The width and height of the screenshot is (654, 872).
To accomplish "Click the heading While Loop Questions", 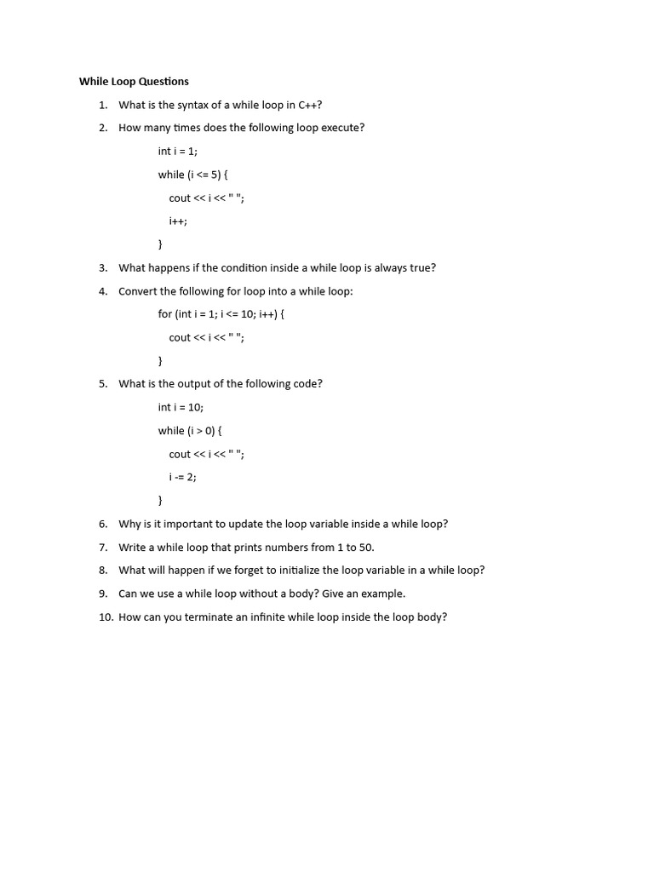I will point(134,82).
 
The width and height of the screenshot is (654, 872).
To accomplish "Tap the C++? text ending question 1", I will point(310,105).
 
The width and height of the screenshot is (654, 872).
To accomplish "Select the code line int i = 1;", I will point(177,152).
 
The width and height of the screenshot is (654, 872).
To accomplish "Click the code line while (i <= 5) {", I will point(192,175).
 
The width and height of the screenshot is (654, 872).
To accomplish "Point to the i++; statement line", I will point(177,221).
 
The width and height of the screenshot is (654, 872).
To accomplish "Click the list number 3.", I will point(102,267).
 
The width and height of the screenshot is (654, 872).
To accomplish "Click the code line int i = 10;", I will point(181,407).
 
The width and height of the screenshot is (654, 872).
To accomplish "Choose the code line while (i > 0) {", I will point(189,431).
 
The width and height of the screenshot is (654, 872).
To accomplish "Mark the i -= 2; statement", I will point(182,477).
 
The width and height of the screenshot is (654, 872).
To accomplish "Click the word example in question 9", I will point(384,594).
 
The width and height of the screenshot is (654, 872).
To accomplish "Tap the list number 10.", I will point(105,617).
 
